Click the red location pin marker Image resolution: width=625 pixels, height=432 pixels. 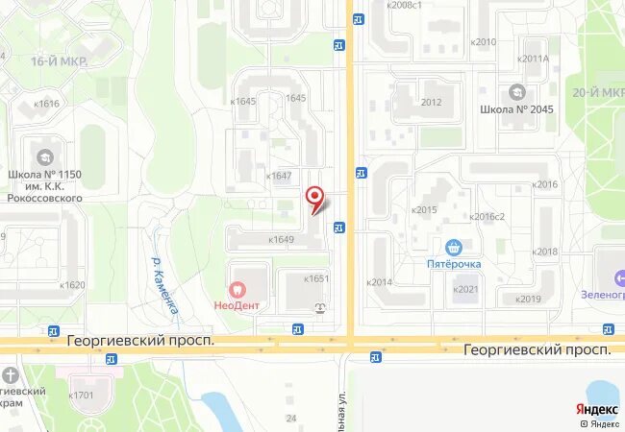pyautogui.click(x=313, y=198)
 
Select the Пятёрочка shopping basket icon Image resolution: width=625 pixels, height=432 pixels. pyautogui.click(x=455, y=247)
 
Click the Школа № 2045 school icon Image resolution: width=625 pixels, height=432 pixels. pyautogui.click(x=517, y=92)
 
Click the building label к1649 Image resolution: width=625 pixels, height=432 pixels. pyautogui.click(x=281, y=240)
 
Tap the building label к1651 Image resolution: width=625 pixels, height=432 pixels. pyautogui.click(x=316, y=278)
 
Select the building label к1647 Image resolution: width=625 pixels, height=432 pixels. pyautogui.click(x=278, y=176)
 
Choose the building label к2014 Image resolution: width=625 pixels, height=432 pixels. pyautogui.click(x=380, y=282)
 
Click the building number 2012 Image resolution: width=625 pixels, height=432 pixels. pyautogui.click(x=431, y=102)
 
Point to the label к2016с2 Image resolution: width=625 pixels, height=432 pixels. pyautogui.click(x=487, y=217)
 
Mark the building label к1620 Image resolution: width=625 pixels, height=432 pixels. pyautogui.click(x=72, y=285)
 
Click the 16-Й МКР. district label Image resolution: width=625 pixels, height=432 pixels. pyautogui.click(x=54, y=60)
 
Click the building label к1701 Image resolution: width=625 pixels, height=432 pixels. pyautogui.click(x=81, y=395)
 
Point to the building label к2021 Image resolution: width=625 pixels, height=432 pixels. pyautogui.click(x=465, y=289)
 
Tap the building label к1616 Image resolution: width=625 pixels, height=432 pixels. pyautogui.click(x=45, y=104)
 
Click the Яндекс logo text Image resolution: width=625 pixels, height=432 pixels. pyautogui.click(x=598, y=407)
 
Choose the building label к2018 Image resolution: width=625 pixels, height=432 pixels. pyautogui.click(x=544, y=252)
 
